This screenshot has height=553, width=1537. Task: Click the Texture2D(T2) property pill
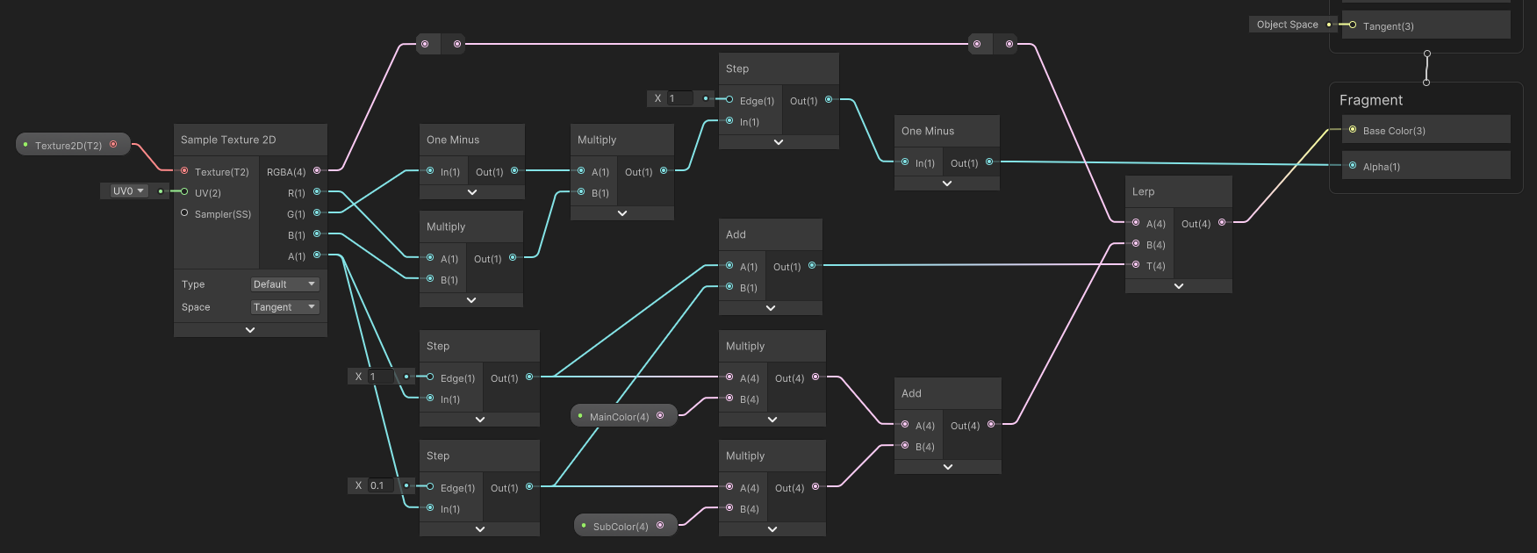coord(68,145)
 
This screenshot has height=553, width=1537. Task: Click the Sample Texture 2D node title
coord(228,140)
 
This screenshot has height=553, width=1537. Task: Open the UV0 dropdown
coord(128,190)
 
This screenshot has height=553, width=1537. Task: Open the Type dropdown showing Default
coord(284,284)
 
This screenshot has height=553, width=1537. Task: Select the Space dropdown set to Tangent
coord(284,307)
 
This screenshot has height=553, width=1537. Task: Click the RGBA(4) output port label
coord(286,172)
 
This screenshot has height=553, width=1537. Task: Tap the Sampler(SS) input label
coord(222,214)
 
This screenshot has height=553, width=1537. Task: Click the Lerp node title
coord(1143,191)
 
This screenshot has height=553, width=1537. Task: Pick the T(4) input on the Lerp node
coord(1155,266)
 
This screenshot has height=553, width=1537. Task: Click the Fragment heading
coord(1370,100)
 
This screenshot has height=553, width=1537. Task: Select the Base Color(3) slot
coord(1393,131)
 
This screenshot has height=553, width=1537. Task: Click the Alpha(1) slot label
coord(1381,167)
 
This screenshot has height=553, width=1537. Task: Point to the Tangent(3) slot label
coord(1388,26)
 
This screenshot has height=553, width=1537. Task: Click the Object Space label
coord(1287,25)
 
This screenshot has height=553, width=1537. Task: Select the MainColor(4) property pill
coord(619,416)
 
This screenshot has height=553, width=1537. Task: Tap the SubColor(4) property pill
coord(620,526)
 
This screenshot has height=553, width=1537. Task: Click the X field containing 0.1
coord(381,485)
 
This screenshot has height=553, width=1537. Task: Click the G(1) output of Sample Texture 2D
coord(297,214)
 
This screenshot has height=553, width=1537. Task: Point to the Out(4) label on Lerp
coord(1196,224)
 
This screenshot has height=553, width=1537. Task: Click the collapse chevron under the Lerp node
coord(1178,286)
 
